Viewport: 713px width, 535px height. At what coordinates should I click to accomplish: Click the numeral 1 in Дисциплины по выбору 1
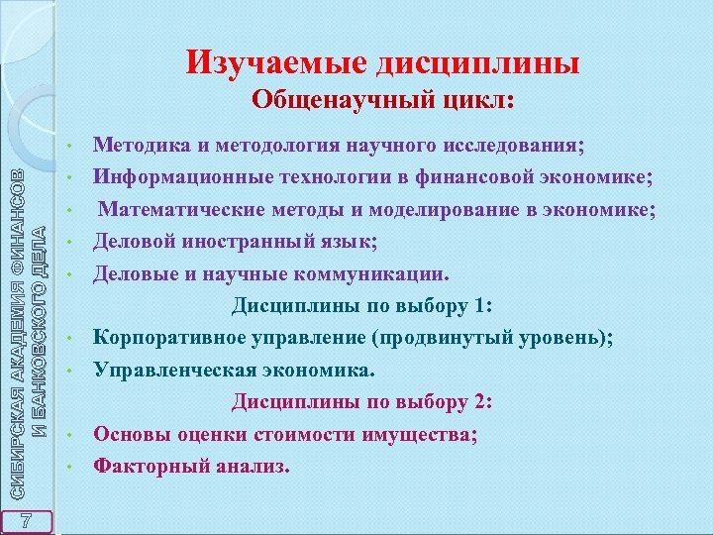485,304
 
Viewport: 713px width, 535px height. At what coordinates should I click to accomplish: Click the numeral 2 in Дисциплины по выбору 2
485,401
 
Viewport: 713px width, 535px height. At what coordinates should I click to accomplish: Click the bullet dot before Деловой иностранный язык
69,243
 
